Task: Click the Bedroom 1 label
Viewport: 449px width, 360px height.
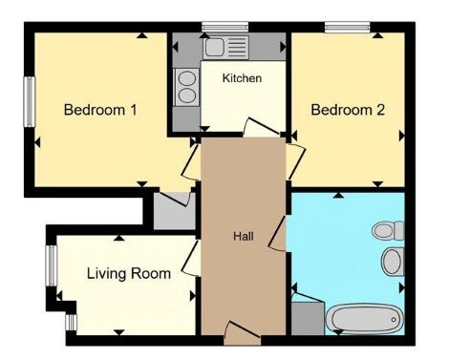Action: click(100, 110)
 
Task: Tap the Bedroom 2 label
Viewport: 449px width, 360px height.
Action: click(348, 110)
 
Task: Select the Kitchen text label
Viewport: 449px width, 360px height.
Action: click(242, 78)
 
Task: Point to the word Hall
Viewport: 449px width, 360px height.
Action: click(244, 236)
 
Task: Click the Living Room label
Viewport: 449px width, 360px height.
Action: click(129, 274)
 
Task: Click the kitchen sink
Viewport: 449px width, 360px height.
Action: click(226, 47)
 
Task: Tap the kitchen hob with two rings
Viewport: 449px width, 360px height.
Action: click(187, 87)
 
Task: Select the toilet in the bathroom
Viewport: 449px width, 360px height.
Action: click(388, 230)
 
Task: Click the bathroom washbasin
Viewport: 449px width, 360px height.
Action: click(393, 261)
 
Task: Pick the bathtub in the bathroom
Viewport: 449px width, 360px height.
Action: click(365, 319)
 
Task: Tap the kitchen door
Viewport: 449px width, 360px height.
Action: click(262, 127)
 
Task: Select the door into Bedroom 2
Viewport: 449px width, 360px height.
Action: click(296, 161)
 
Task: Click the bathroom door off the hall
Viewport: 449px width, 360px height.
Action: click(277, 234)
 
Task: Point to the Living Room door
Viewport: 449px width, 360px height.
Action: click(191, 258)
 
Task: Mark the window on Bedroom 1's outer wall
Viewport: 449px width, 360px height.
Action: click(30, 102)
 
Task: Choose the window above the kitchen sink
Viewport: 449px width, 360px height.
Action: click(225, 27)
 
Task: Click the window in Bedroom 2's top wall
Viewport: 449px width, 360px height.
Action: click(348, 27)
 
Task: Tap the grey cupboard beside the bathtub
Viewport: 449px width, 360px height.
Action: click(308, 318)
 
